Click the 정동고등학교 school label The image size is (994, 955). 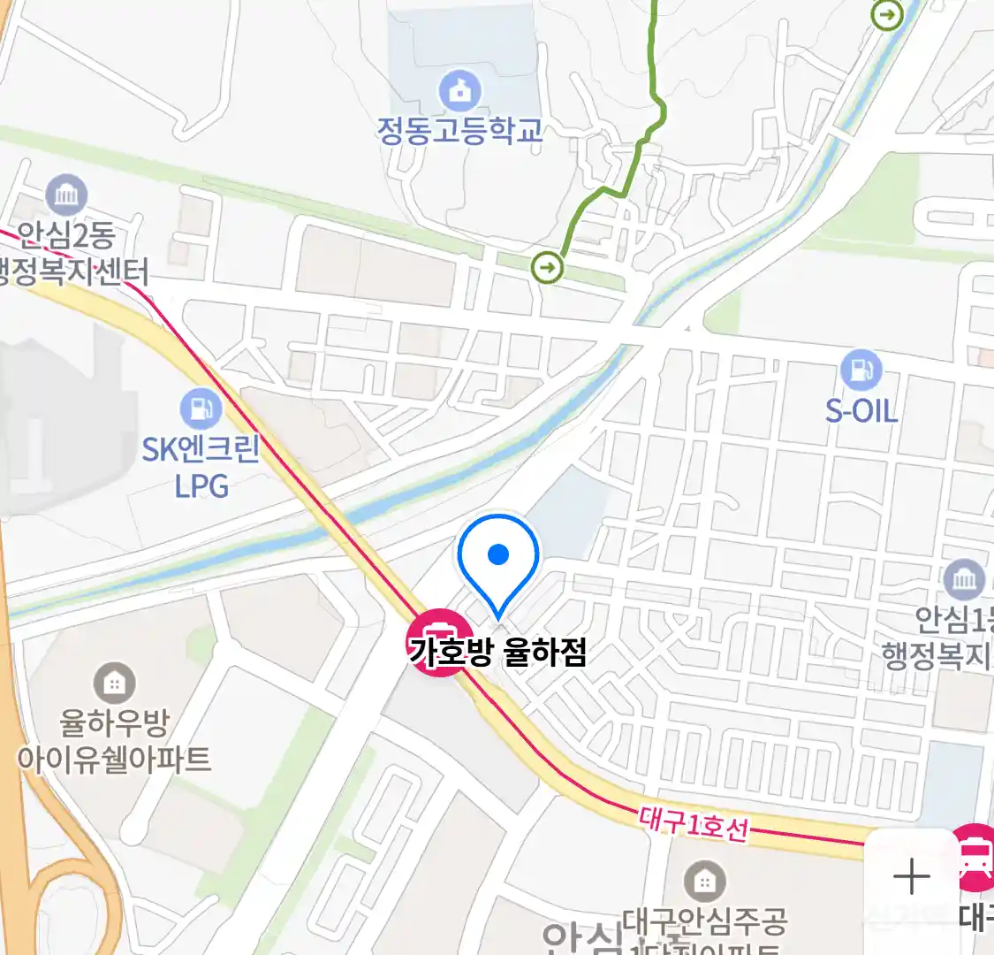[x=459, y=131]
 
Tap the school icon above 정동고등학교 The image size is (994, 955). [x=460, y=90]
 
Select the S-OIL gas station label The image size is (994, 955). [x=861, y=410]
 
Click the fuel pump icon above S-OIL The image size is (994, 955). [x=861, y=370]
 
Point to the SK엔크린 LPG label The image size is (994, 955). [x=201, y=468]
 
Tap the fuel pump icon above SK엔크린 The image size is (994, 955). [x=201, y=409]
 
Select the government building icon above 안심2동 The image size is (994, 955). [x=66, y=195]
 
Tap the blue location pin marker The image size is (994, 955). [x=499, y=558]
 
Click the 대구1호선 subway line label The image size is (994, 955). [x=694, y=824]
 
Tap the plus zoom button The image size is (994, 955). [x=912, y=877]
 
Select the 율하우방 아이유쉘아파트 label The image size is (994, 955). [x=114, y=741]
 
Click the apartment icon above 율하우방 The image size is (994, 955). [x=114, y=683]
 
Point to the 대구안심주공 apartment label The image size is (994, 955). [x=704, y=922]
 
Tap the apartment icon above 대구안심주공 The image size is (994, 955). [x=704, y=882]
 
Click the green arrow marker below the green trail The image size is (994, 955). [x=549, y=266]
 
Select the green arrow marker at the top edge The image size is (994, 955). [x=886, y=14]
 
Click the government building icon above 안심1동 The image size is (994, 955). [x=964, y=580]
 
